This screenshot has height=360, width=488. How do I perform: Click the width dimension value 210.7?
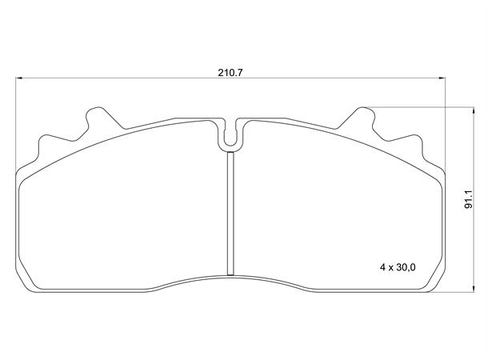230,71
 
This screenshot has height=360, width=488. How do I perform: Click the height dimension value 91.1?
469,196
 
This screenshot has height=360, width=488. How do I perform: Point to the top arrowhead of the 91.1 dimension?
459,110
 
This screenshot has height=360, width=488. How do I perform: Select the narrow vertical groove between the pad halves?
230,212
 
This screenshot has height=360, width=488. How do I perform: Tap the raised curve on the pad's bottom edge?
230,275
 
